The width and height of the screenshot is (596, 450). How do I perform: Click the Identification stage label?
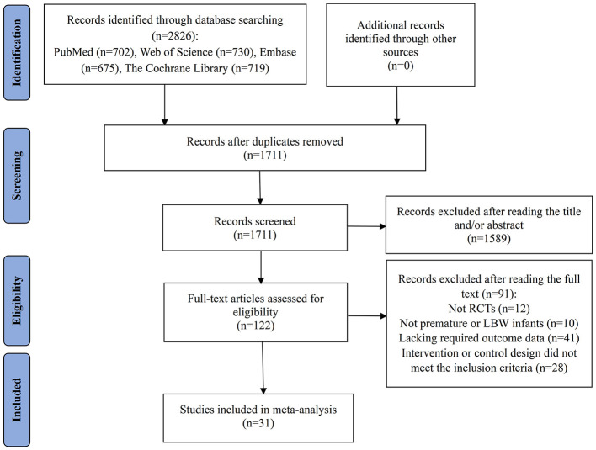[17, 52]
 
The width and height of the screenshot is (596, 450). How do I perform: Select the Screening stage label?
[17, 176]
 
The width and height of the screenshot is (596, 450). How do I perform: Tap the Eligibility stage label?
[17, 300]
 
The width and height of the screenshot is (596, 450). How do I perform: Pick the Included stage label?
[17, 400]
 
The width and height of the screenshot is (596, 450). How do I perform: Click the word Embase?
[278, 52]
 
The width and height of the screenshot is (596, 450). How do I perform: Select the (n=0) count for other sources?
[400, 66]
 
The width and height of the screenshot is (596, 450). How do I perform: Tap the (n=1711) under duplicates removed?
[264, 155]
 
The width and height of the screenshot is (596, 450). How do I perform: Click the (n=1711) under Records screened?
[255, 235]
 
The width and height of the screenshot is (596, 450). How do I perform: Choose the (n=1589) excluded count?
[489, 239]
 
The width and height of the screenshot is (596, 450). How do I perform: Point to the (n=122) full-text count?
[255, 326]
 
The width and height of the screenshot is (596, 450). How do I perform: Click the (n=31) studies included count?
[258, 423]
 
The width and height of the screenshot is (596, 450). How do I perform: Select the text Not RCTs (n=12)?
[489, 309]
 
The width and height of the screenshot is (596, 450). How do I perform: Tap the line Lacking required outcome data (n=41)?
[489, 338]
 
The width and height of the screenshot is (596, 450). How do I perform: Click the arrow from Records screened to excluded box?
[366, 227]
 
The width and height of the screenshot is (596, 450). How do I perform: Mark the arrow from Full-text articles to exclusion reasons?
[367, 316]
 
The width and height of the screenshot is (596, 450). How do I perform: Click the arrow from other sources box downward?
[396, 106]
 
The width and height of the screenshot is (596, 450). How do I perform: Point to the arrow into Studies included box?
[263, 368]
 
